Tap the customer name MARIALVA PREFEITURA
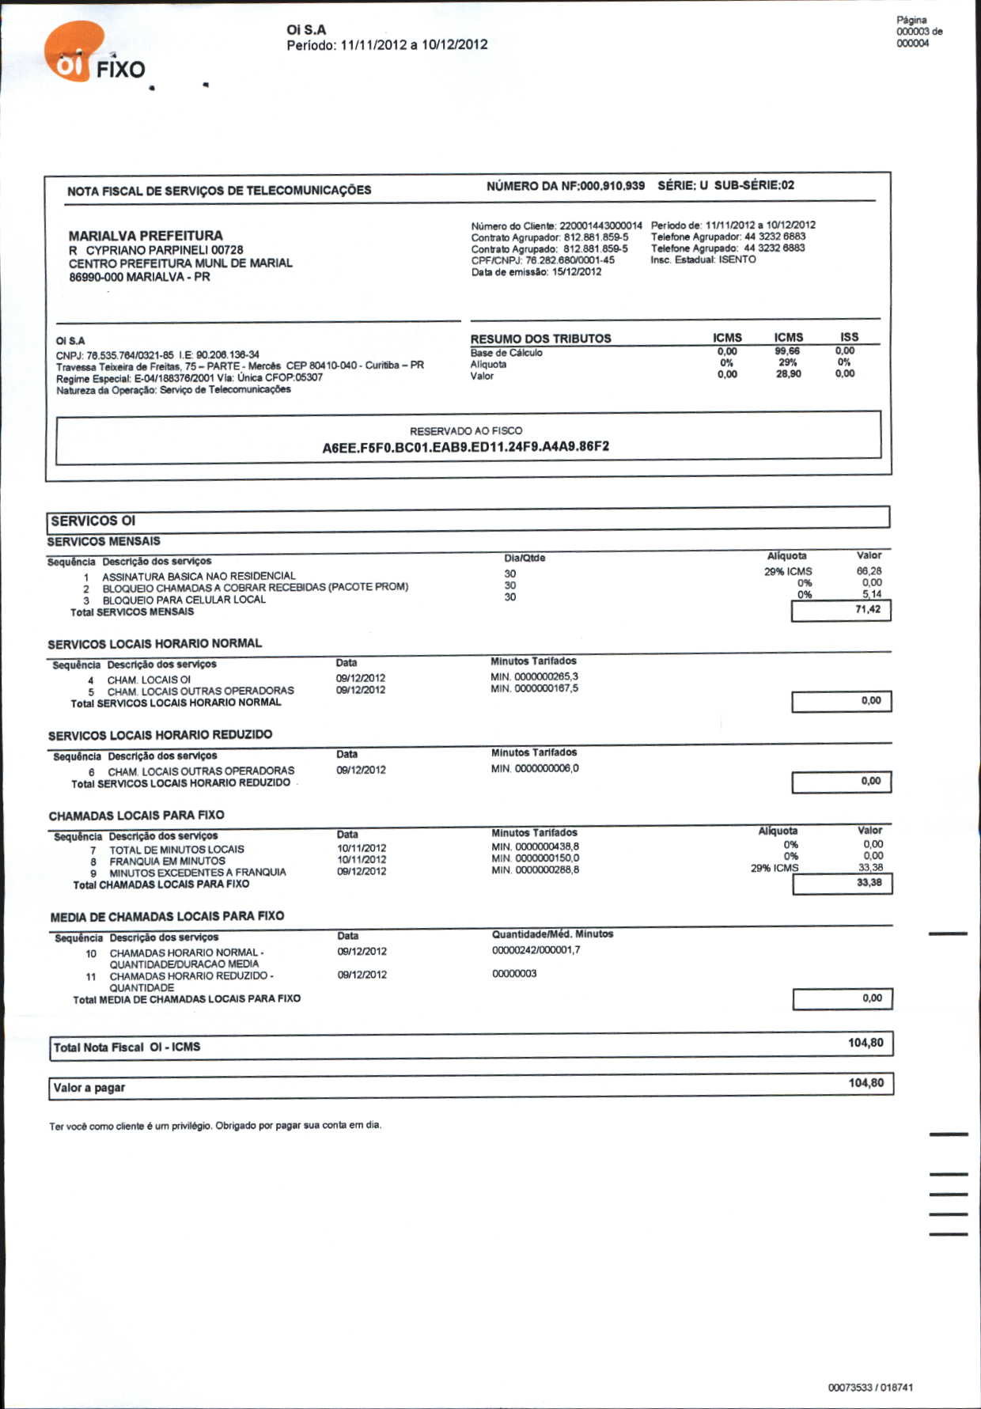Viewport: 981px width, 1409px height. pos(146,236)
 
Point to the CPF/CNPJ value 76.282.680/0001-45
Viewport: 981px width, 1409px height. pos(570,260)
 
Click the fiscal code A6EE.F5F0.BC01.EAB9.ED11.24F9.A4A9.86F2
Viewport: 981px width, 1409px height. pos(465,447)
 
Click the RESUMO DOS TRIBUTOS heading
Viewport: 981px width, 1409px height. pos(540,339)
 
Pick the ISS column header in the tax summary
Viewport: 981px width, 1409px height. pos(849,337)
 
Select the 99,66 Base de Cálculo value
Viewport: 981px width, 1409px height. pos(787,351)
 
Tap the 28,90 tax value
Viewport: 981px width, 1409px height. pos(788,374)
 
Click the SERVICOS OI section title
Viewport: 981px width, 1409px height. pos(93,521)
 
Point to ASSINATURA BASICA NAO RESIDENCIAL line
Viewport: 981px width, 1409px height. pos(199,576)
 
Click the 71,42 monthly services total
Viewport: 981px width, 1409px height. pos(867,610)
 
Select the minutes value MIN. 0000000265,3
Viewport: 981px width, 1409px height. pos(534,676)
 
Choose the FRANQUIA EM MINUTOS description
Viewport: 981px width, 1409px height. pos(167,861)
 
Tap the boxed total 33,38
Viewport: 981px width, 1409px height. pos(869,883)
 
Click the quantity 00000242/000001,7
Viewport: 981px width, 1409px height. pos(536,950)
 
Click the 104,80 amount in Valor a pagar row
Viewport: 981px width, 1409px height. pos(865,1083)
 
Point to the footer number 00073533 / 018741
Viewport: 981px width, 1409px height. pos(870,1388)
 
